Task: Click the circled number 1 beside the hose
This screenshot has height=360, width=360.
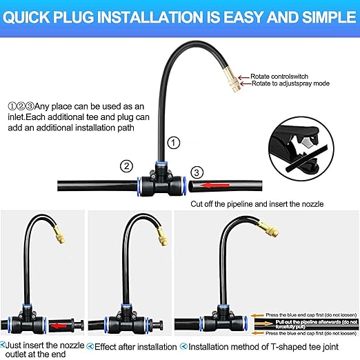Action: tap(174, 143)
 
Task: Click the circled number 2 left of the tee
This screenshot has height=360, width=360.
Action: tap(126, 166)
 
